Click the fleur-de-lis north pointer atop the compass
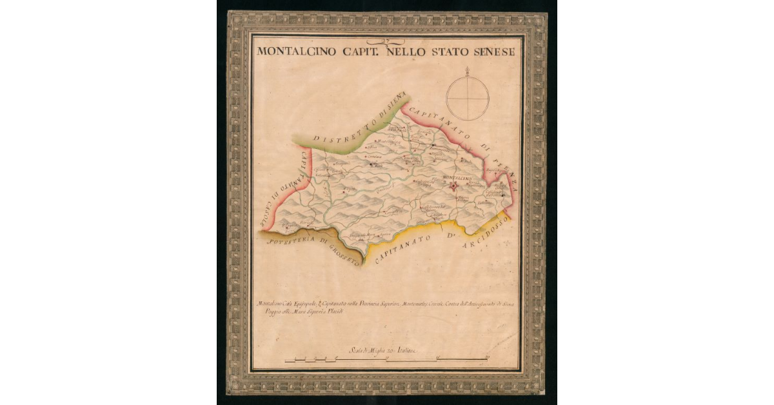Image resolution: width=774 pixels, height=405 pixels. coord(467,70)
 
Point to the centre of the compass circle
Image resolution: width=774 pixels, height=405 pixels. coord(467,98)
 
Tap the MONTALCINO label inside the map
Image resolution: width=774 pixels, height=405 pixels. coord(458,177)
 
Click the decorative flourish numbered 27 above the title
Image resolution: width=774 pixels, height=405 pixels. coord(386,41)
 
